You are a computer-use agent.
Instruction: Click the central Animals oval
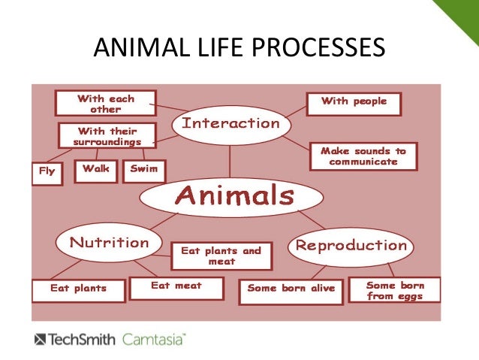click(x=232, y=198)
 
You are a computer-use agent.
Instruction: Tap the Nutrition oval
click(x=109, y=243)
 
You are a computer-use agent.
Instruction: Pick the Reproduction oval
click(x=351, y=246)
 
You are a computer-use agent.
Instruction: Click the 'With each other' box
click(x=105, y=104)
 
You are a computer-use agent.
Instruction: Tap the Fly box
click(x=47, y=171)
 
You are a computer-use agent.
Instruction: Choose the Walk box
click(x=96, y=170)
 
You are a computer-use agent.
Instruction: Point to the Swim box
click(x=144, y=170)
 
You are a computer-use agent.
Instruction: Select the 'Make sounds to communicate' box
click(x=363, y=156)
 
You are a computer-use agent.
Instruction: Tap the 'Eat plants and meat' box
click(x=221, y=256)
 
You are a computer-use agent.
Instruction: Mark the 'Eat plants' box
click(x=78, y=289)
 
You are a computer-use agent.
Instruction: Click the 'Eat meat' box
click(x=176, y=286)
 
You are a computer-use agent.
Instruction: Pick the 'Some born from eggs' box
click(x=395, y=290)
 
